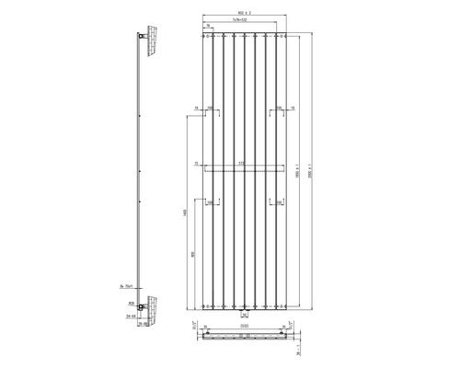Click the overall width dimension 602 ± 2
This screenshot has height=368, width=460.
(x=243, y=11)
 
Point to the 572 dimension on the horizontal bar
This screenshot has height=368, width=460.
(x=242, y=164)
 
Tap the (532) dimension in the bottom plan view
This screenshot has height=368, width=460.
(x=243, y=324)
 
